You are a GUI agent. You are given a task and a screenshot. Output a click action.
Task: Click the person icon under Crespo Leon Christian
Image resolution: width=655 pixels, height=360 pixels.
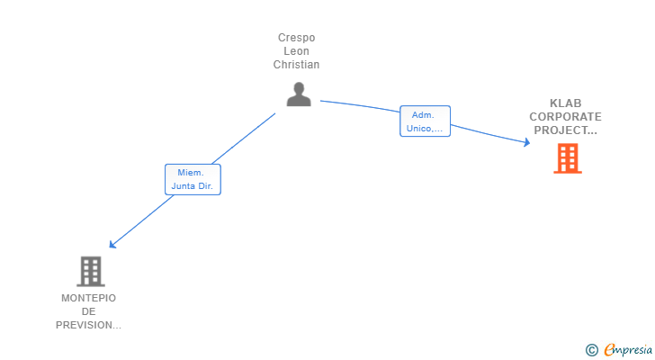(x=299, y=94)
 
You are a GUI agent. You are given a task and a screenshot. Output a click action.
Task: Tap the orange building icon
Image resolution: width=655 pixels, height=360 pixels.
(x=568, y=158)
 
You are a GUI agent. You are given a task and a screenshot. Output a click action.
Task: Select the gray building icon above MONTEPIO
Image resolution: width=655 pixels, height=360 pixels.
(x=91, y=272)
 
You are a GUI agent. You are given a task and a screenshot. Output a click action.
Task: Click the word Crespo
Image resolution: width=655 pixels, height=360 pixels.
(x=297, y=38)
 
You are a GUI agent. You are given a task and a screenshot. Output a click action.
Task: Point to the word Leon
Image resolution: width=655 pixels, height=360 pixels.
(x=297, y=51)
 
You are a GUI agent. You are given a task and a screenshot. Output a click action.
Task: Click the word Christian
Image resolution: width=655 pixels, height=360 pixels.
(x=297, y=64)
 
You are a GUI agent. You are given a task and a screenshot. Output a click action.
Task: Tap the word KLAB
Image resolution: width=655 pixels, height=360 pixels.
(x=566, y=103)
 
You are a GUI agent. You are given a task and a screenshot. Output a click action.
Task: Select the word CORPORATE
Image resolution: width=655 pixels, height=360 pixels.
(x=566, y=116)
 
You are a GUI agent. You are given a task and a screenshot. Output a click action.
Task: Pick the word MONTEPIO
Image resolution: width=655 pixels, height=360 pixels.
(x=88, y=298)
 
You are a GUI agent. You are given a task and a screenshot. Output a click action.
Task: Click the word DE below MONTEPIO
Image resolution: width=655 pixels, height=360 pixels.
(x=88, y=311)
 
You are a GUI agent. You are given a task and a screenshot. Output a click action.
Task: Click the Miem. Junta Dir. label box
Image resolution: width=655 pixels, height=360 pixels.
(x=193, y=180)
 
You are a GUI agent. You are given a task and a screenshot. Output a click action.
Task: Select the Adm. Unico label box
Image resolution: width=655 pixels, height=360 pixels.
(x=426, y=121)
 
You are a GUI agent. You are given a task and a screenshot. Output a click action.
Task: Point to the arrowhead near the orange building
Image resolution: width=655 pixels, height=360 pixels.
(x=527, y=142)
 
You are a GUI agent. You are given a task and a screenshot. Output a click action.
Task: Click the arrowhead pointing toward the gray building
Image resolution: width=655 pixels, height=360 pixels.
(x=112, y=244)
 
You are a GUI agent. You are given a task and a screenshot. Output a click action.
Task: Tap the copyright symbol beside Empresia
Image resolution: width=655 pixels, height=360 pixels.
(x=591, y=350)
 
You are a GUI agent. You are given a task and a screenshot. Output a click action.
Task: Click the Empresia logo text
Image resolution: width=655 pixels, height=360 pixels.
(x=628, y=349)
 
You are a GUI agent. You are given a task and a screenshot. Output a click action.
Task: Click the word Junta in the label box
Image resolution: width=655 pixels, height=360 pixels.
(x=183, y=186)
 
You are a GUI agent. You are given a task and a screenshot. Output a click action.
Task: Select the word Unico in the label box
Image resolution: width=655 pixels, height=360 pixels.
(x=419, y=128)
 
